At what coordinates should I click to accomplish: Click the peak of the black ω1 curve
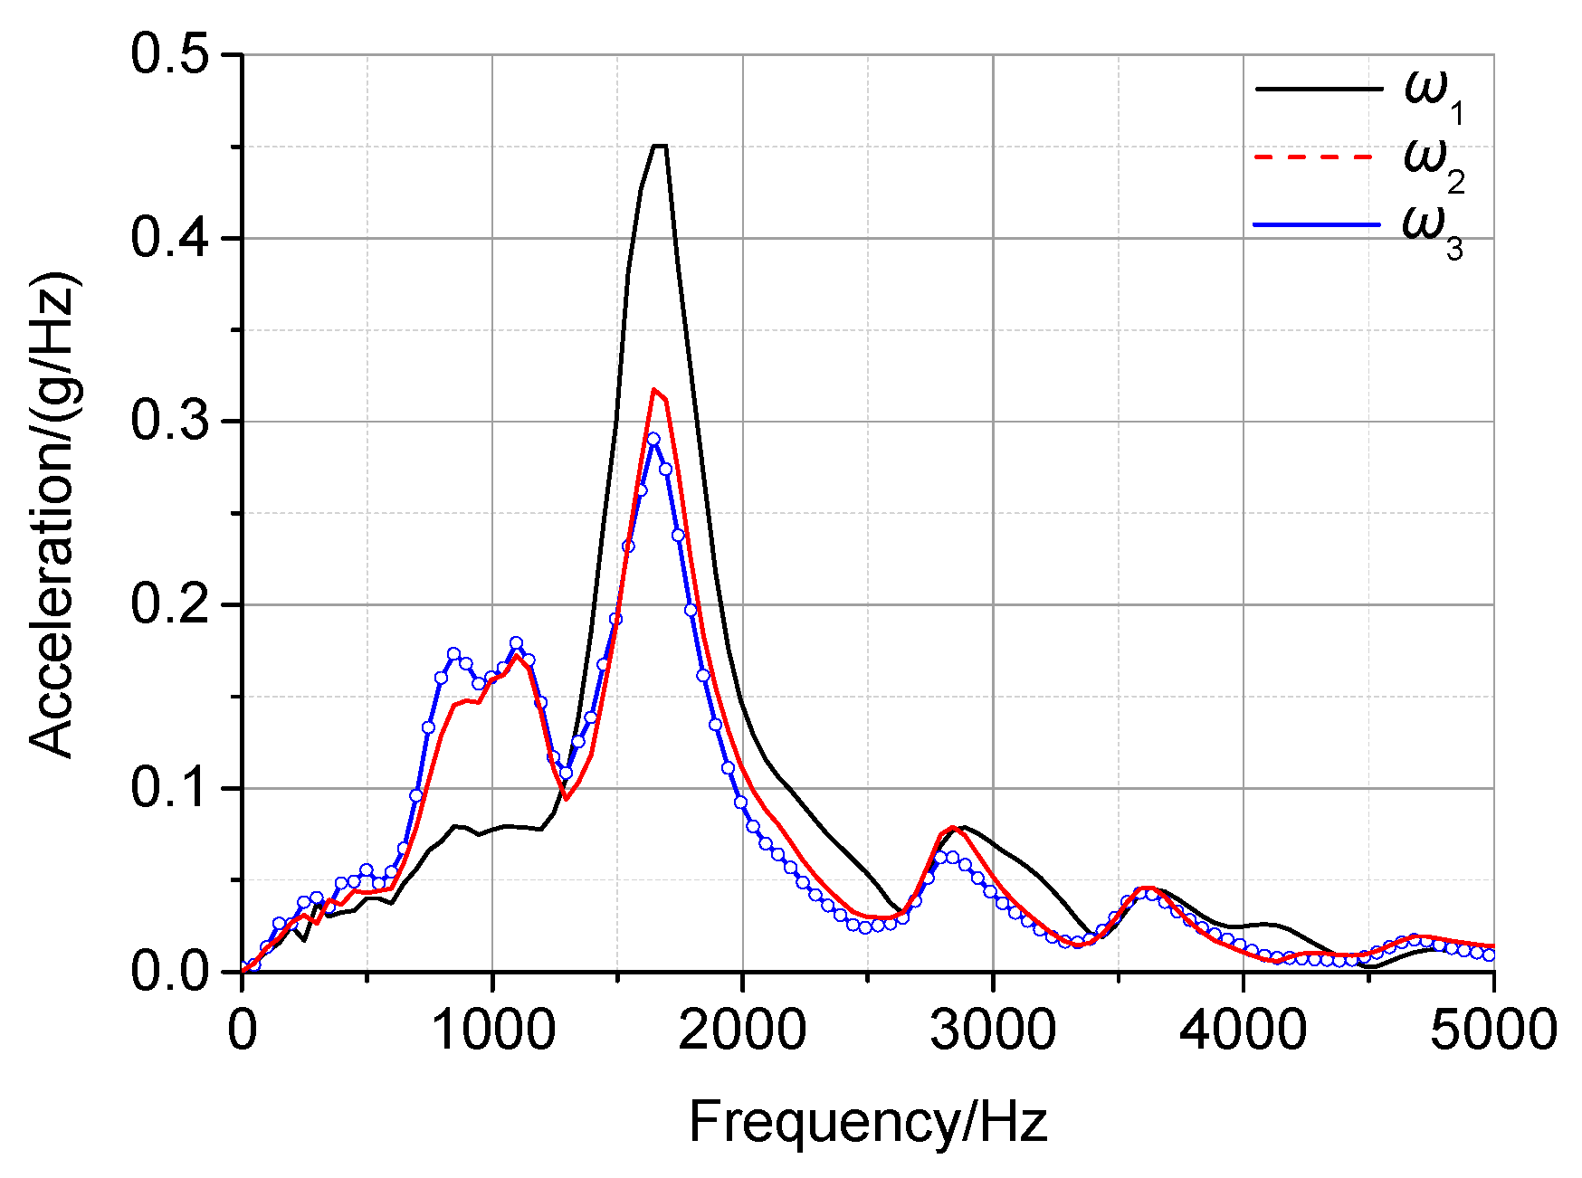[659, 146]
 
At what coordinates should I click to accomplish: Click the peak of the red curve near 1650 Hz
[653, 390]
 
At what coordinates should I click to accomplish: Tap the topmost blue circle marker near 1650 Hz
[653, 439]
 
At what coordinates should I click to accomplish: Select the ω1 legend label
[1434, 94]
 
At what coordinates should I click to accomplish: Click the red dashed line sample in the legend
[1317, 157]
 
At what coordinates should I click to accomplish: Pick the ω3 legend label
[1432, 228]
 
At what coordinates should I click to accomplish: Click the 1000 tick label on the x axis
[492, 1030]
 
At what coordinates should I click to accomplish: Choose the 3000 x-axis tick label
[993, 1030]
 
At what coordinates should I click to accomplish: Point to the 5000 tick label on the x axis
[1492, 1030]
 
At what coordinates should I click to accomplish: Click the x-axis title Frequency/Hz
[868, 1122]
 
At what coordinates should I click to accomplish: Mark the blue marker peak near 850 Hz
[454, 654]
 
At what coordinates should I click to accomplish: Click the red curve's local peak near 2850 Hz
[953, 827]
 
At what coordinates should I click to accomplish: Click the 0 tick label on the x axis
[242, 1030]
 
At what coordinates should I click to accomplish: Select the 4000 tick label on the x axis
[1243, 1030]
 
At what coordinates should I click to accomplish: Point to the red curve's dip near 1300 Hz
[567, 799]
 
